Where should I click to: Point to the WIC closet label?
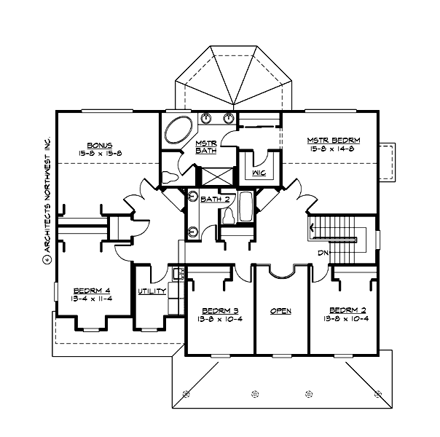[x=259, y=173]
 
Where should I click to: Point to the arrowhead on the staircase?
[x=313, y=229]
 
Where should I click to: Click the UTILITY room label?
[x=152, y=291]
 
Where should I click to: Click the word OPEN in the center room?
[x=281, y=310]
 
